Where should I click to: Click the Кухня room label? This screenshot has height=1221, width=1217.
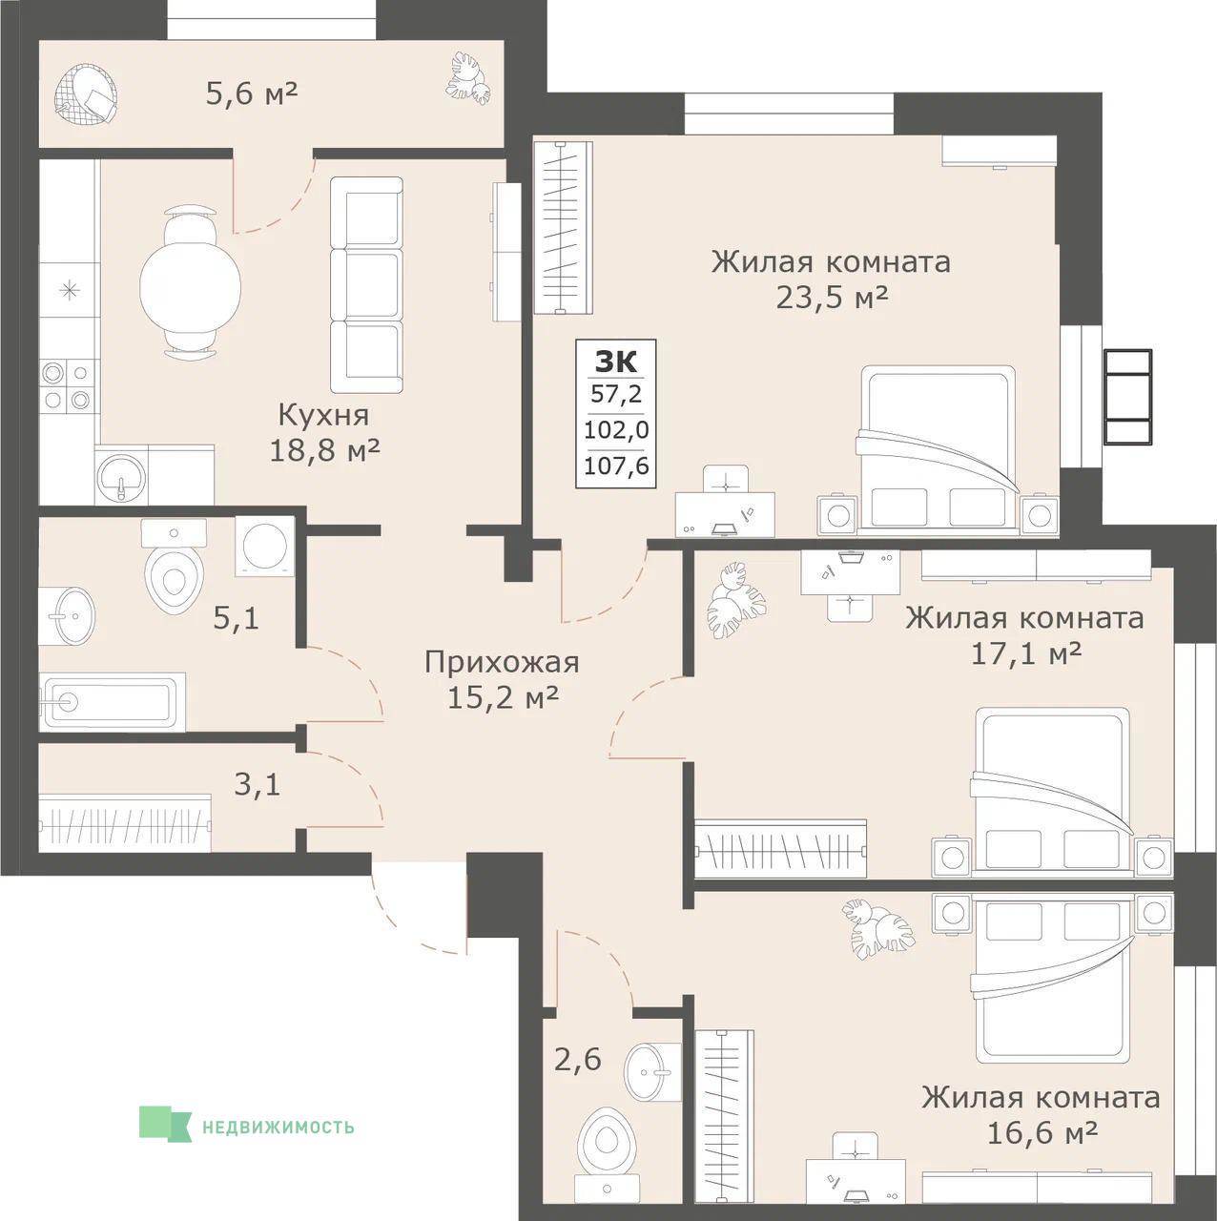(x=323, y=416)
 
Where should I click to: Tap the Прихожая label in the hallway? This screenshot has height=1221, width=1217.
(x=502, y=664)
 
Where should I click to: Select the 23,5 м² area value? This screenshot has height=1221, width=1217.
(x=831, y=298)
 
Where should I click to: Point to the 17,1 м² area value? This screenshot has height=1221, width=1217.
(x=1025, y=654)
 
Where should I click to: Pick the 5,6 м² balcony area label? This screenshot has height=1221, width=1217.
(x=252, y=94)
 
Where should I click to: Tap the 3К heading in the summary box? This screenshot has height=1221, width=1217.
(x=615, y=362)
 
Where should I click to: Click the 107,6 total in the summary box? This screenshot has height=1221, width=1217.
(x=616, y=466)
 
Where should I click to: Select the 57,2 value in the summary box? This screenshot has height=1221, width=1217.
(x=616, y=394)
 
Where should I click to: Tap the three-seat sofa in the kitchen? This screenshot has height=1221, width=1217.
(x=366, y=284)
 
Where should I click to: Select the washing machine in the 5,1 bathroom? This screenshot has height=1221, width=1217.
(x=265, y=546)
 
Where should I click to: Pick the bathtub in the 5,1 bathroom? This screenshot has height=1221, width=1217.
(x=113, y=702)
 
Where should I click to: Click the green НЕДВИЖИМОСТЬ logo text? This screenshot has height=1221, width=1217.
(x=278, y=1145)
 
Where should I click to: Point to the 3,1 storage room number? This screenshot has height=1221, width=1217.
(x=258, y=786)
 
